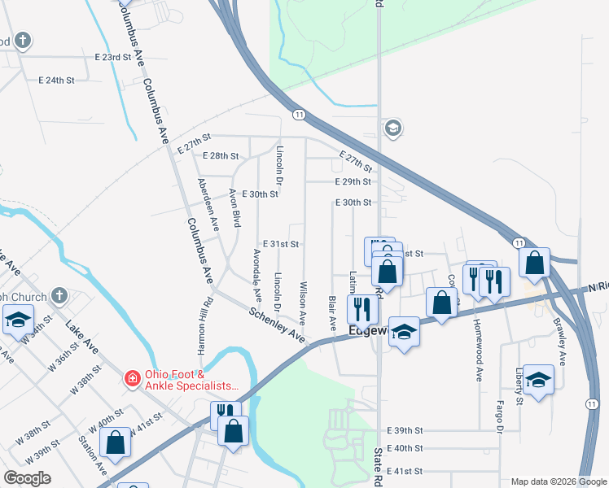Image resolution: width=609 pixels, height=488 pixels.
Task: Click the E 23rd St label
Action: click(x=112, y=58)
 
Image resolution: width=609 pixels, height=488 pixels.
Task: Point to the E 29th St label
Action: click(x=353, y=182)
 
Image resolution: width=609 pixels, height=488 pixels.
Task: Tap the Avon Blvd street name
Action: click(x=234, y=208)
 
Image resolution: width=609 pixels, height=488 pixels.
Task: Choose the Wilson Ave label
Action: click(x=303, y=303)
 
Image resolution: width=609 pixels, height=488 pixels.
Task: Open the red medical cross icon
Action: click(x=131, y=378)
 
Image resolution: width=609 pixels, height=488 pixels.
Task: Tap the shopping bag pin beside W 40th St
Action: click(x=116, y=443)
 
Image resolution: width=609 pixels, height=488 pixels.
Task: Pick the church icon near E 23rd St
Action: click(x=24, y=39)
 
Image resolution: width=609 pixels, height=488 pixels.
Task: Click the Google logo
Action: click(x=27, y=478)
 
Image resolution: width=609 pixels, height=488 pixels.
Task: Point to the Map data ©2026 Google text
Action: click(x=557, y=481)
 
